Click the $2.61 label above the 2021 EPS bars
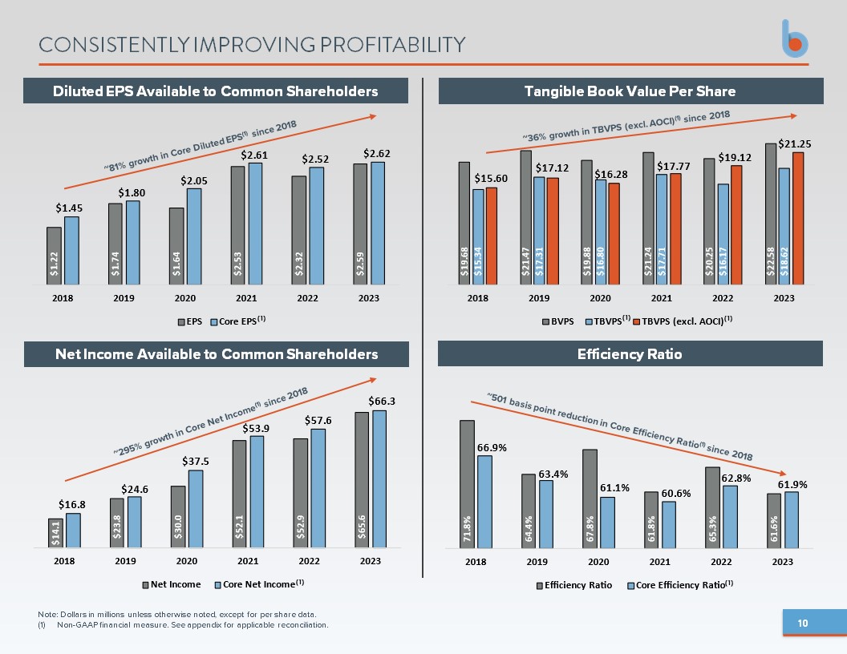tap(254, 155)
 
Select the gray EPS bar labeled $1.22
tap(54, 256)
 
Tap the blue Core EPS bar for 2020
tap(194, 236)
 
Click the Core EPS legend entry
tap(237, 321)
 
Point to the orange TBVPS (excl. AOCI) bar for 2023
tap(798, 219)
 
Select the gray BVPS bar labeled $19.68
tap(464, 224)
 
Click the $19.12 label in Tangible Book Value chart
tap(735, 158)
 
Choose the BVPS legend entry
tap(558, 321)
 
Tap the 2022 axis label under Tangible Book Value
tap(723, 298)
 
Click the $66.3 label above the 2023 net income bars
tap(382, 401)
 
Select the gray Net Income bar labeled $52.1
tap(239, 495)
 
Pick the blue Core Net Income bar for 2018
tap(74, 531)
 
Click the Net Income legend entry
tap(171, 584)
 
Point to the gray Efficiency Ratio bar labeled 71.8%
tap(468, 484)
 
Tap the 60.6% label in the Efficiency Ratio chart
tap(676, 493)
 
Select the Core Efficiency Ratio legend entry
tap(680, 585)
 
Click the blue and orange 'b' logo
tap(795, 38)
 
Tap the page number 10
tap(803, 624)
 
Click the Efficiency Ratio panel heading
tap(630, 354)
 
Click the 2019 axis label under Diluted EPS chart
tap(124, 298)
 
